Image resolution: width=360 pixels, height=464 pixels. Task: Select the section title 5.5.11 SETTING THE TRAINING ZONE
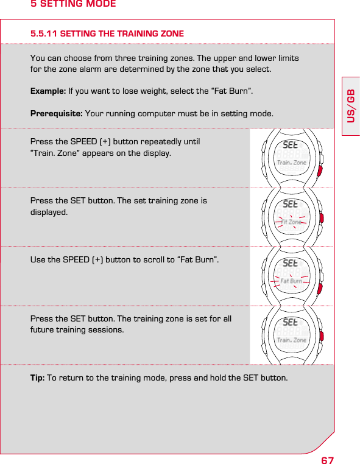(x=107, y=33)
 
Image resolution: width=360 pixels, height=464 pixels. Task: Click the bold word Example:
(x=48, y=91)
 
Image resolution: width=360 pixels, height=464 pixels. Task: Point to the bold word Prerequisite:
(x=57, y=113)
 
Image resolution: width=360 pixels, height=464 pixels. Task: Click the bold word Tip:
(x=38, y=378)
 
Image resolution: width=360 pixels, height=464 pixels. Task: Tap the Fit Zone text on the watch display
(x=291, y=222)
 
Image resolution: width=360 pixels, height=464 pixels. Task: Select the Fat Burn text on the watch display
(x=291, y=281)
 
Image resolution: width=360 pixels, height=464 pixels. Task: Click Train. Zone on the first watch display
(x=291, y=163)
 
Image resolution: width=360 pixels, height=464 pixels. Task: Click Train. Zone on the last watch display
(x=291, y=340)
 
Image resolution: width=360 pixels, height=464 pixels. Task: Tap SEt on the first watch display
(x=291, y=146)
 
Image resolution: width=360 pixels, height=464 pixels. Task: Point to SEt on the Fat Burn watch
(x=291, y=264)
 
